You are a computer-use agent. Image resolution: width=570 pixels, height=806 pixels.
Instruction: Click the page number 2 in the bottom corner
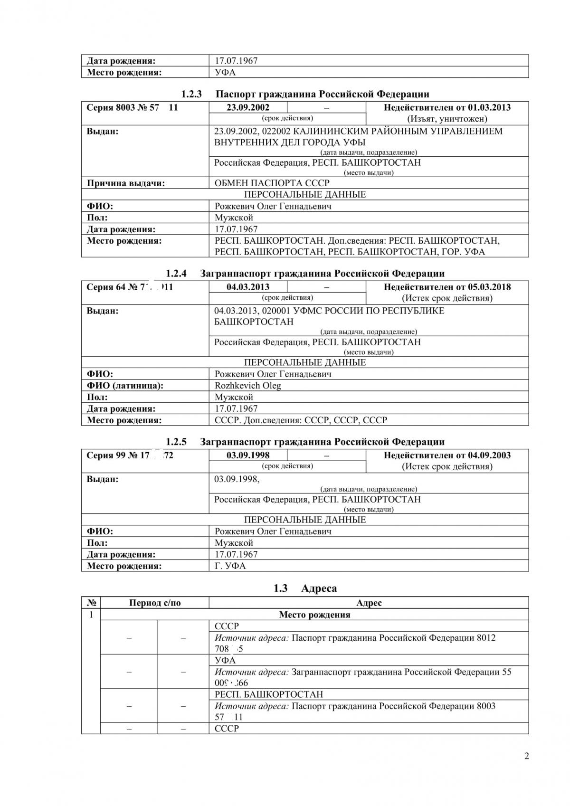coord(526,756)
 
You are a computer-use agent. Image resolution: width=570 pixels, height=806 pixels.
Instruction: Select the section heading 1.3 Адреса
coord(305,588)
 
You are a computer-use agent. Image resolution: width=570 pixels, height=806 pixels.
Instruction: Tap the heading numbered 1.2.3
coord(305,94)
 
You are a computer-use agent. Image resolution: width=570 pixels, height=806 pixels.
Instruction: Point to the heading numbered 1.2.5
coord(305,442)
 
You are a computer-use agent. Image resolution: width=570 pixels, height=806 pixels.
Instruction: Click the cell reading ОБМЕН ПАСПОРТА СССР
coord(272,183)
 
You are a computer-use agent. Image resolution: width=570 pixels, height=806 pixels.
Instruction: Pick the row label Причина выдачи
coord(126,183)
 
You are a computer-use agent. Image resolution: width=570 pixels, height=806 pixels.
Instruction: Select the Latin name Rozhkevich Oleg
coord(247,386)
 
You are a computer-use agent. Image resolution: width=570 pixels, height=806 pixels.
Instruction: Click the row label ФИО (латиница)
coord(125,386)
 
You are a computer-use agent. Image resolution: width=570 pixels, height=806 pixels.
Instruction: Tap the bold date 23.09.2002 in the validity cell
coord(248,107)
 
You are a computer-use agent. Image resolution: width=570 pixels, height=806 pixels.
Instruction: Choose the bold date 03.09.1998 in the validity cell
coord(248,455)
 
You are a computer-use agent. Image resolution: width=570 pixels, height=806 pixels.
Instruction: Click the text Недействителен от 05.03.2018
coord(447,287)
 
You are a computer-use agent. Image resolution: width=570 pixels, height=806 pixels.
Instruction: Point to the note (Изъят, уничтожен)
coord(447,119)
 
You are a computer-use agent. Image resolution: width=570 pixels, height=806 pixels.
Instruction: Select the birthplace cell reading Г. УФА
coord(230,566)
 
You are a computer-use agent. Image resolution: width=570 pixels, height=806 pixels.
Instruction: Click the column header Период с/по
coord(155,603)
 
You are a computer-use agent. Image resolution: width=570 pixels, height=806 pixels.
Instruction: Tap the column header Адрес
coord(369,603)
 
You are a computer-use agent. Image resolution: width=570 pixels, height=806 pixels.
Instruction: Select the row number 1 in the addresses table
coord(91,615)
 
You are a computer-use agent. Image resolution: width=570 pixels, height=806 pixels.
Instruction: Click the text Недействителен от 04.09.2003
coord(447,455)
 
